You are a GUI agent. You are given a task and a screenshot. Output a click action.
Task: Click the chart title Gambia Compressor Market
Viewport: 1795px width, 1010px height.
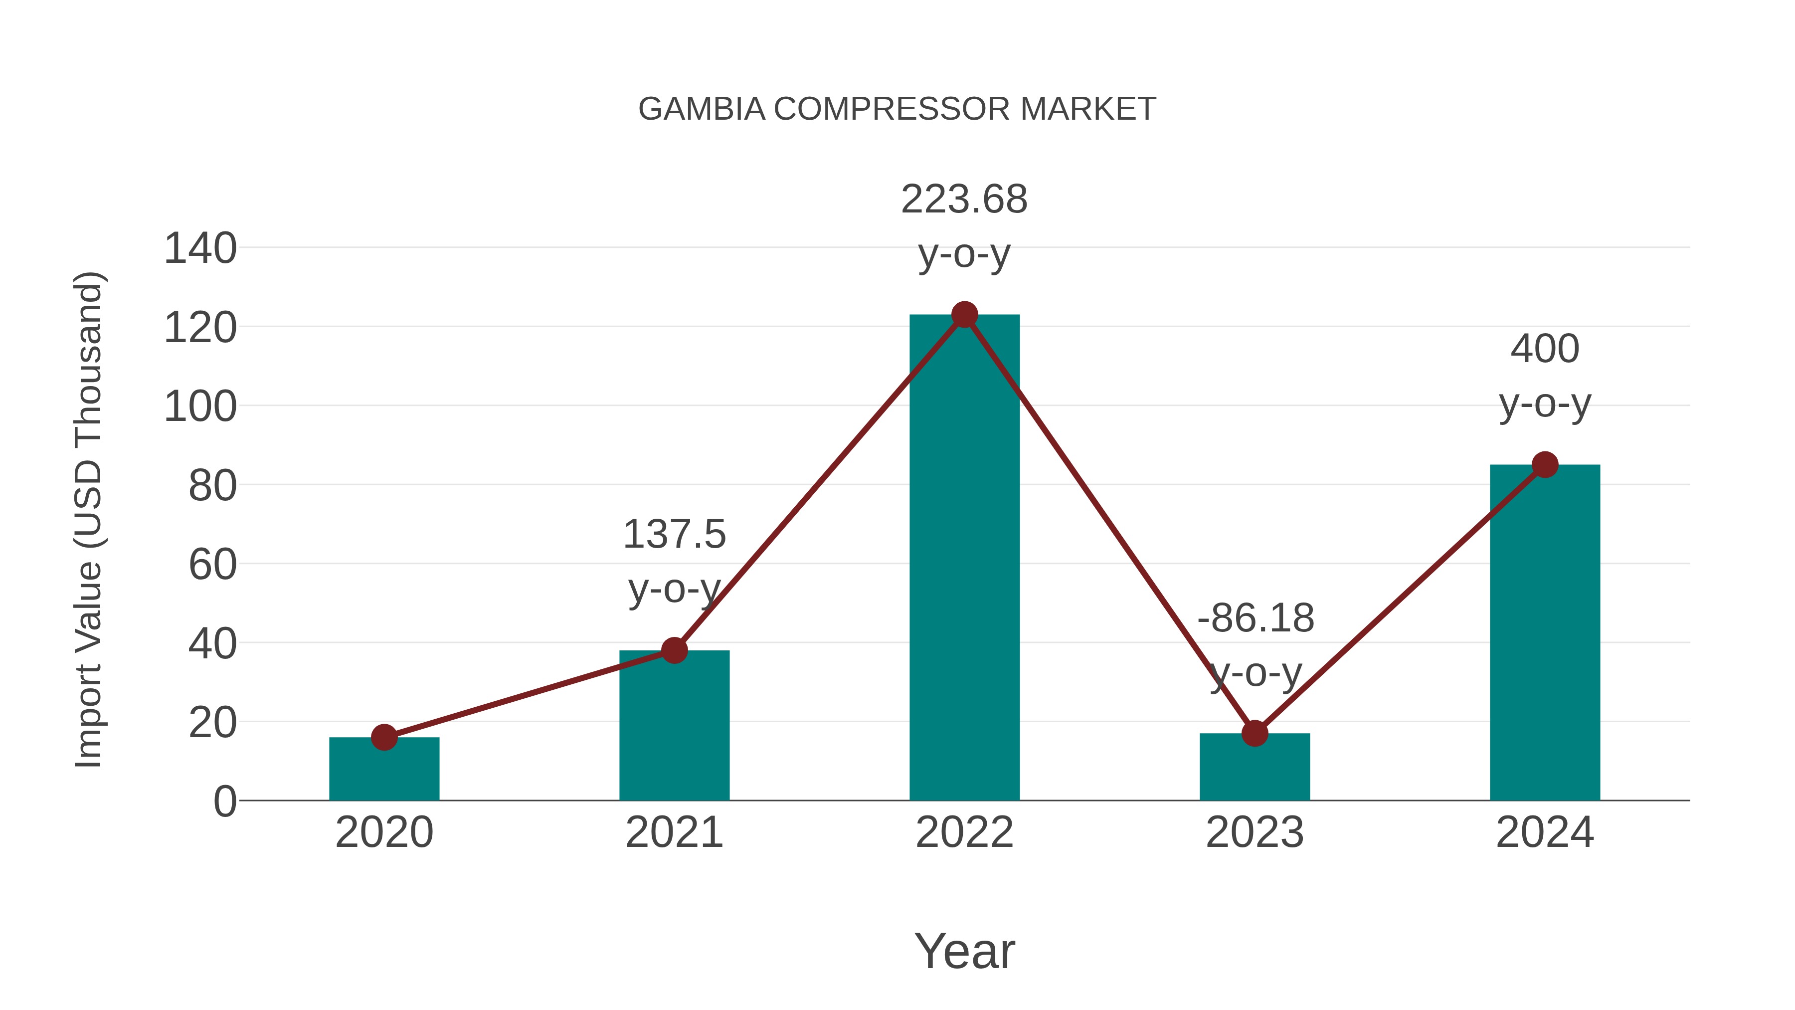pyautogui.click(x=897, y=109)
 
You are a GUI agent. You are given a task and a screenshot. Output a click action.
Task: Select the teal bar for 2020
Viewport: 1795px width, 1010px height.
pyautogui.click(x=384, y=770)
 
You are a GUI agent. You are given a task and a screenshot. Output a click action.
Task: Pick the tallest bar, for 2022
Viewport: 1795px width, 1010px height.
pyautogui.click(x=964, y=558)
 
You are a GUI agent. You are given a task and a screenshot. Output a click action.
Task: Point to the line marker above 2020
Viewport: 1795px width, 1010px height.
pyautogui.click(x=384, y=737)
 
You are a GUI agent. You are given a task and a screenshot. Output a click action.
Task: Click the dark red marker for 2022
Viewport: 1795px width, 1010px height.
pyautogui.click(x=964, y=314)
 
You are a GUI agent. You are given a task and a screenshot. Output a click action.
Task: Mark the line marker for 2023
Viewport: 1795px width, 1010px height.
pyautogui.click(x=1255, y=733)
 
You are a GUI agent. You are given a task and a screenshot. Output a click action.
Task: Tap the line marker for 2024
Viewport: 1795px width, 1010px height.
pyautogui.click(x=1545, y=464)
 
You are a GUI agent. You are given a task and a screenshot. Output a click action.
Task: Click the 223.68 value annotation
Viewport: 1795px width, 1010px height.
pyautogui.click(x=964, y=200)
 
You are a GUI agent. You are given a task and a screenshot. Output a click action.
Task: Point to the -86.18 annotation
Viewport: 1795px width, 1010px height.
pyautogui.click(x=1256, y=618)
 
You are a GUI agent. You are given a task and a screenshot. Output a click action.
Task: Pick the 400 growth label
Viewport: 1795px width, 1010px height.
pyautogui.click(x=1545, y=349)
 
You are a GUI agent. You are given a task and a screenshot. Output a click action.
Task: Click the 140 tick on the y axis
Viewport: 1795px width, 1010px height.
pyautogui.click(x=200, y=248)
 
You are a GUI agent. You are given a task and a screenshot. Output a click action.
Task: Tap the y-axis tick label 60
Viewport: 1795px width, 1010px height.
pyautogui.click(x=212, y=565)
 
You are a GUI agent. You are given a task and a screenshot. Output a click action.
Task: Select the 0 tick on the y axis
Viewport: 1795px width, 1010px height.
pyautogui.click(x=224, y=802)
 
